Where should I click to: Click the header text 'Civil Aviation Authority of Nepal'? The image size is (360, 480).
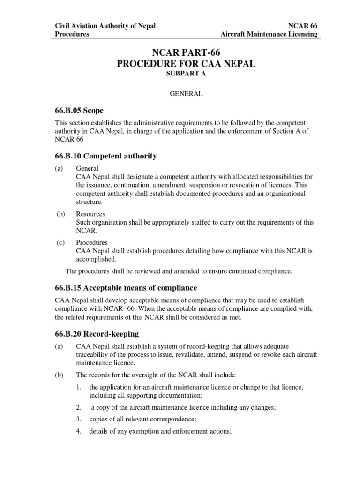[x=105, y=26]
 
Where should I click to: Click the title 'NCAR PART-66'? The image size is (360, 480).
[x=186, y=53]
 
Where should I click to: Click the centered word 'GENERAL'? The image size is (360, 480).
[x=186, y=94]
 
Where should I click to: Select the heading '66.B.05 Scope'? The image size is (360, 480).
[x=79, y=111]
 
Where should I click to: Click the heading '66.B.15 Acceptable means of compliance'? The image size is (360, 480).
[x=126, y=287]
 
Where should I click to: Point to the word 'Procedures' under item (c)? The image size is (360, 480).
[x=91, y=242]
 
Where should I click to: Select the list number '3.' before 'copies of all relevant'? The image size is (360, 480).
[x=79, y=419]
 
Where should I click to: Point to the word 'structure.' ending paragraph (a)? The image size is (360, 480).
[x=89, y=202]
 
